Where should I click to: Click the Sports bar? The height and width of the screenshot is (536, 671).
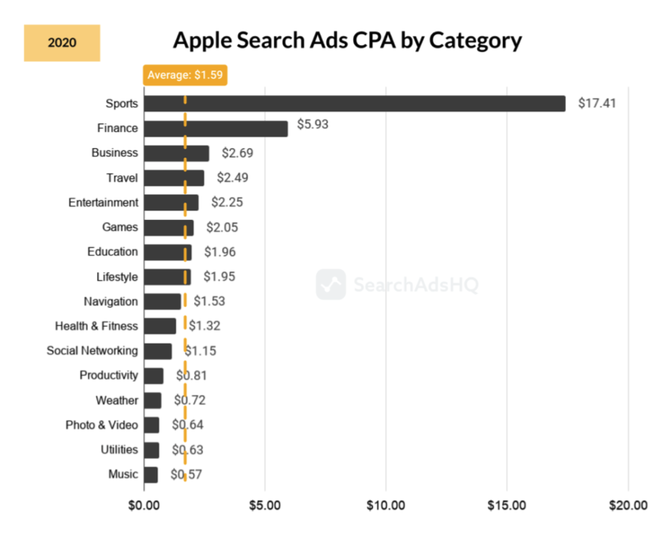coord(355,103)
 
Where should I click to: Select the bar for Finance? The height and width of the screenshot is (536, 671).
coord(216,128)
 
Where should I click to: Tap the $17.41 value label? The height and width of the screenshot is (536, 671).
coord(597,103)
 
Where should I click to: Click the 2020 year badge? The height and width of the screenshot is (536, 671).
coord(62,43)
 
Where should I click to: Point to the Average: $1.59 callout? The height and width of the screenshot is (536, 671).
coord(185,75)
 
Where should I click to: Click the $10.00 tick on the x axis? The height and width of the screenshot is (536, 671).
coord(386,505)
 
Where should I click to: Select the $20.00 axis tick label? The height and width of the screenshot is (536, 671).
coord(628,505)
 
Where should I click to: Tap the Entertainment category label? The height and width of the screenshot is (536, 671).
coord(103,202)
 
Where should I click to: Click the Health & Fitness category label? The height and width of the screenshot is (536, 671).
coord(96,326)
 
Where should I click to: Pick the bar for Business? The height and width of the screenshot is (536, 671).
coord(176,153)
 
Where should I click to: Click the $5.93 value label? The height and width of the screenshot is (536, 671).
coord(313,124)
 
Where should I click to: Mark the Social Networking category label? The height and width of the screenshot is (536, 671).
coord(92,351)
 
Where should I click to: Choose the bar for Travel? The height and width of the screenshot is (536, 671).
coord(174,178)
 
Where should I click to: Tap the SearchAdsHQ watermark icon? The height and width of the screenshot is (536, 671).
coord(331,285)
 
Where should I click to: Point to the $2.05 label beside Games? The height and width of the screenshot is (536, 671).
coord(221,228)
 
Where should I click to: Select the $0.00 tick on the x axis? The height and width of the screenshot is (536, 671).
coord(144,505)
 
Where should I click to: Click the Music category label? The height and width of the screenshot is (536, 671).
coord(123,474)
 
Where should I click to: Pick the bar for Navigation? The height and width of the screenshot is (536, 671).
coord(162,302)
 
